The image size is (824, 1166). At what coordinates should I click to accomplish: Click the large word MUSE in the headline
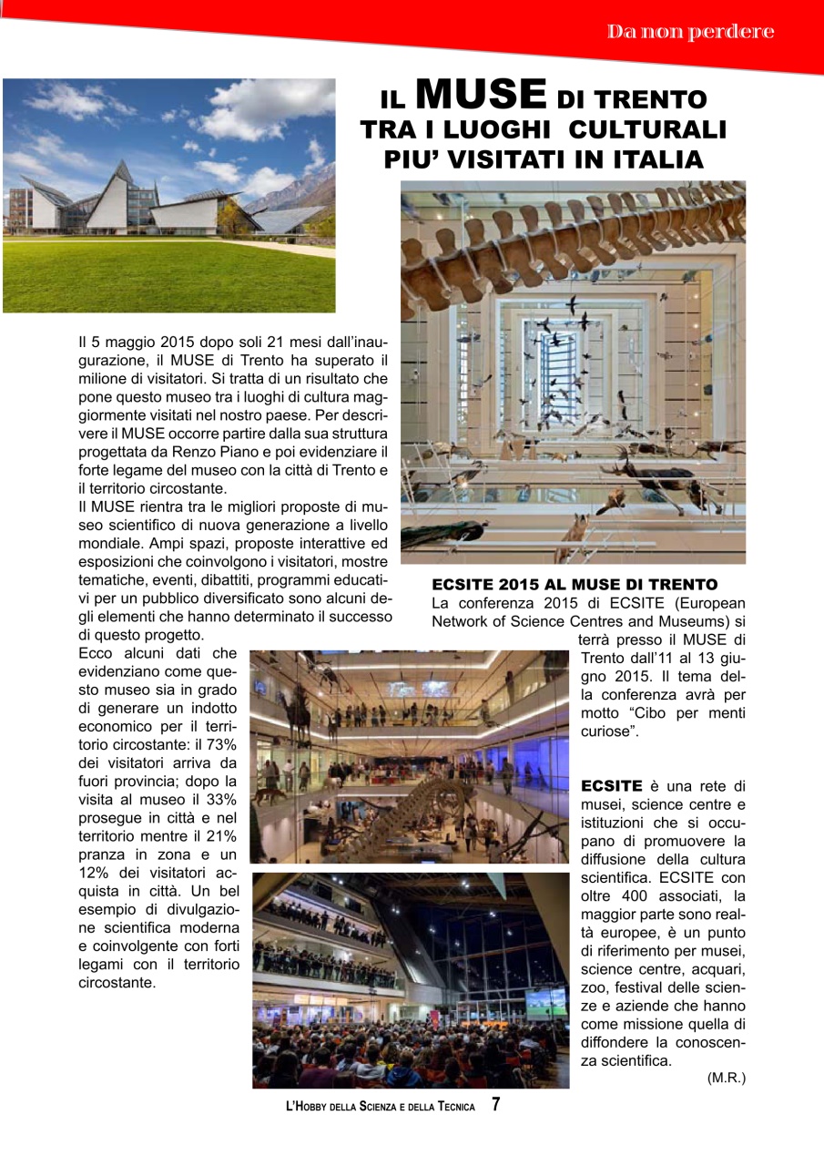point(480,93)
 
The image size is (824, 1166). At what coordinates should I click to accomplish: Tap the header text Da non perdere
point(691,32)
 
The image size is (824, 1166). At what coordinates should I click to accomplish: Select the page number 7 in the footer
point(496,1105)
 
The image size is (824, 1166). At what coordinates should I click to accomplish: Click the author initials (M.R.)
point(726,1078)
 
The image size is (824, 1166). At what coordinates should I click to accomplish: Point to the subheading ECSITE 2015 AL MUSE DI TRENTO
point(575,584)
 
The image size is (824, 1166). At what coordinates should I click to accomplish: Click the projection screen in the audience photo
point(544,1002)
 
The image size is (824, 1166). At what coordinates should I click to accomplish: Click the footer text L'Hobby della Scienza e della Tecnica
point(381,1107)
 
